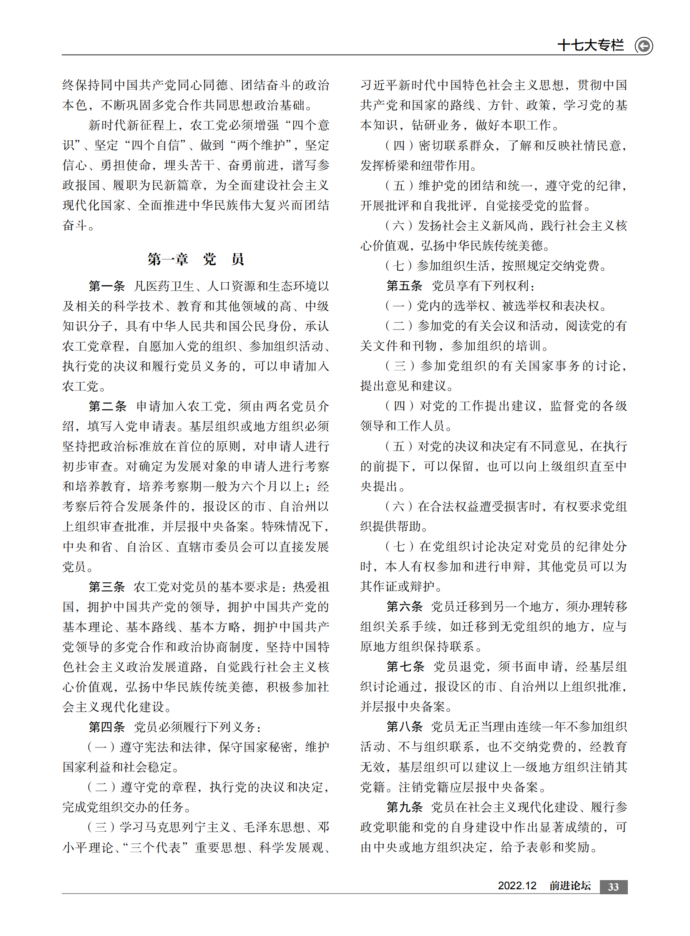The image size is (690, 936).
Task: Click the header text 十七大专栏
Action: click(x=590, y=45)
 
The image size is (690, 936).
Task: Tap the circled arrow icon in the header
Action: click(x=644, y=45)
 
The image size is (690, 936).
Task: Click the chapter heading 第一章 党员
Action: click(x=196, y=259)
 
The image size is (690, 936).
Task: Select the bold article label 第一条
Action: click(x=107, y=286)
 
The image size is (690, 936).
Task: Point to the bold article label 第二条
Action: click(x=107, y=406)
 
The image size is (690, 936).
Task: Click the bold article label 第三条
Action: click(x=107, y=587)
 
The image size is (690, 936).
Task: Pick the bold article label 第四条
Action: click(x=107, y=727)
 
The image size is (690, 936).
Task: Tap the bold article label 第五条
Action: click(x=404, y=286)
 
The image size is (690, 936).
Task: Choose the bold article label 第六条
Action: click(x=404, y=606)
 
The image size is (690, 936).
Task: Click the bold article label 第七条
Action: click(x=405, y=667)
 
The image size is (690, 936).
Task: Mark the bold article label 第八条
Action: click(x=404, y=727)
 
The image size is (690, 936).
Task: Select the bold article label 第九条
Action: click(x=404, y=807)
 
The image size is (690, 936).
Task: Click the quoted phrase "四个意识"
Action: click(x=310, y=125)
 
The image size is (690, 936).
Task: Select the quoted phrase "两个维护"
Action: click(x=261, y=145)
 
